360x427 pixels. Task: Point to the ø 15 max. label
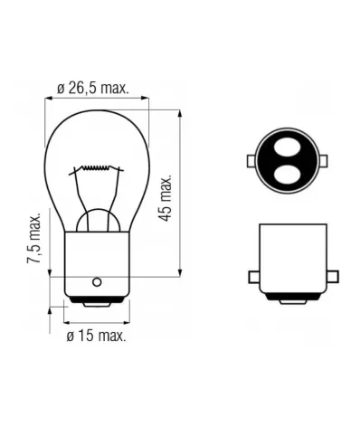click(97, 336)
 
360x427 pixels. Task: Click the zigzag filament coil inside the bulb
click(97, 169)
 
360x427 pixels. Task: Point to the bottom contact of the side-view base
click(291, 300)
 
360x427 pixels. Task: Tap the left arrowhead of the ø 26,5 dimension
click(48, 100)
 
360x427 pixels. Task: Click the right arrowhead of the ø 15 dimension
click(126, 320)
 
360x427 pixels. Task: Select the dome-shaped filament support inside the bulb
click(97, 220)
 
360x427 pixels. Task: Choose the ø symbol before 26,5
click(61, 89)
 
